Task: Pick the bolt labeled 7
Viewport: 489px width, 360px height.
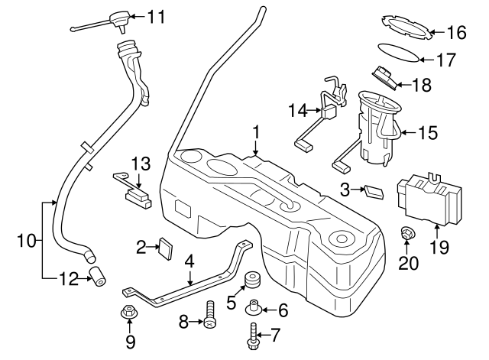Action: (x=252, y=334)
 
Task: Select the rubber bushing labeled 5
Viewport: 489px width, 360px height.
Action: (x=251, y=281)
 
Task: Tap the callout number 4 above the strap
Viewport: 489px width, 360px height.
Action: (x=189, y=260)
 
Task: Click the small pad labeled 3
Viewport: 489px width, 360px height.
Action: (x=373, y=190)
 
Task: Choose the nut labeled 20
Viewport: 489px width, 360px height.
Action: (x=408, y=234)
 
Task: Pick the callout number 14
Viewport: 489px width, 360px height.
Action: (x=297, y=112)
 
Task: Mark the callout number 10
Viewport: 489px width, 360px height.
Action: (x=24, y=242)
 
